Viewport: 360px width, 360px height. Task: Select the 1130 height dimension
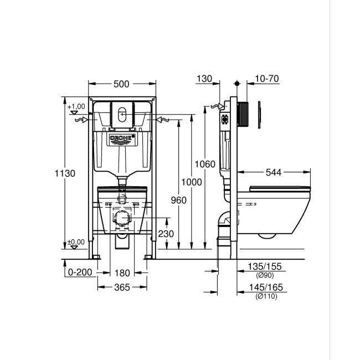(x=65, y=173)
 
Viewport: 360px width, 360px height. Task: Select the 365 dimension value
(x=122, y=287)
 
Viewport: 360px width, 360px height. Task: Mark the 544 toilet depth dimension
(x=274, y=173)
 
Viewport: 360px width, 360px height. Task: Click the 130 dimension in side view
(x=204, y=80)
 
